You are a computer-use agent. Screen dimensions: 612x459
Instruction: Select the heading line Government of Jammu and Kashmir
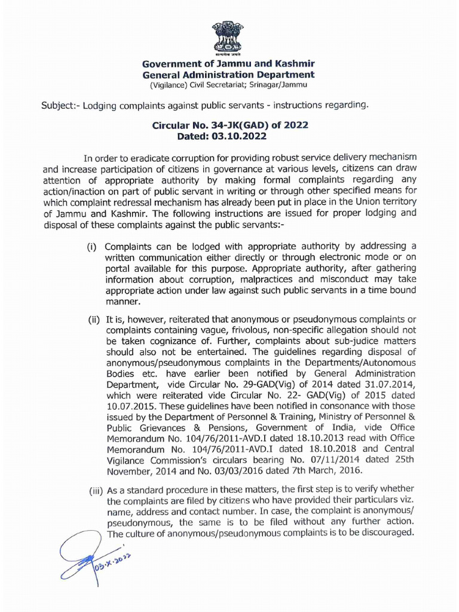click(x=228, y=64)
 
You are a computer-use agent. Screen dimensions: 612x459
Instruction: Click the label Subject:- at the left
click(x=60, y=106)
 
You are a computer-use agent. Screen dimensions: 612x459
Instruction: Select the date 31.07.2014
click(x=390, y=385)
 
